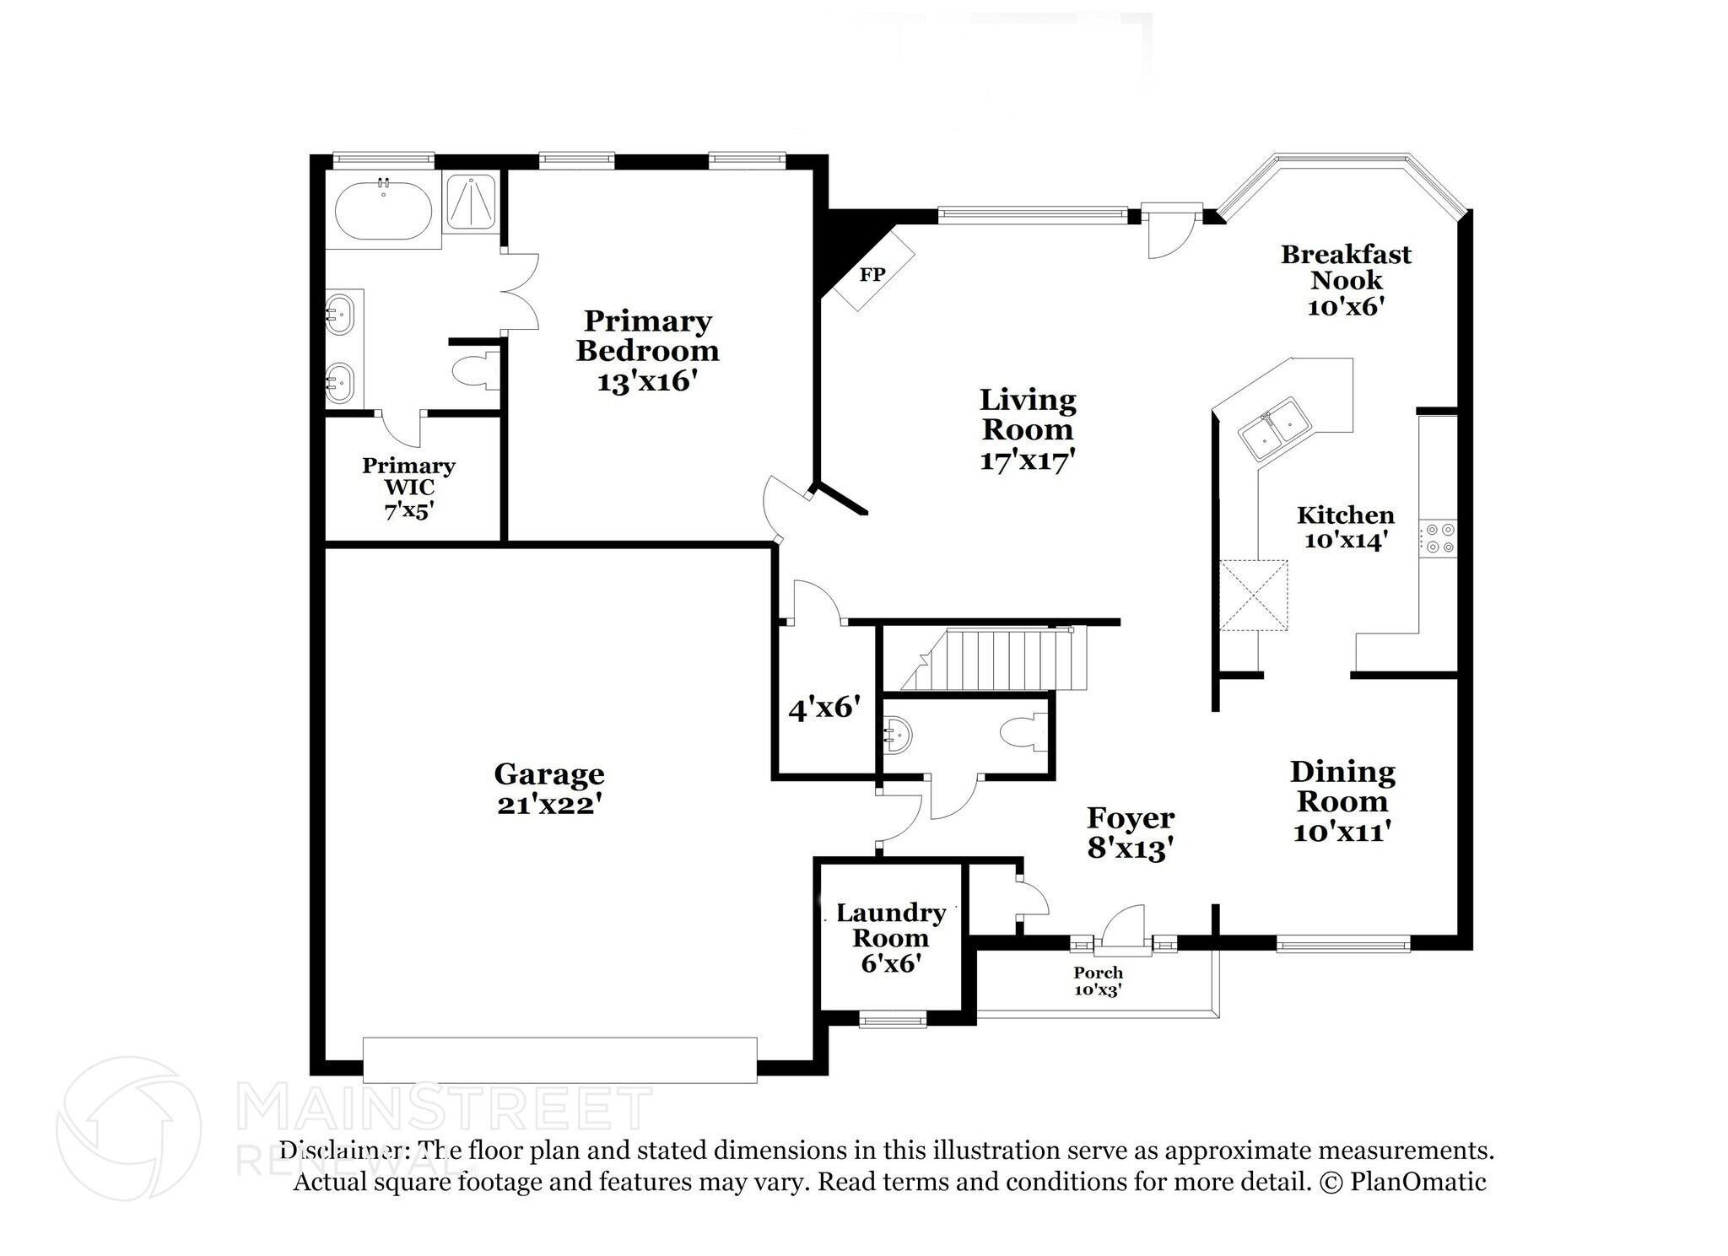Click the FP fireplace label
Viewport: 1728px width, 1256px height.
(872, 275)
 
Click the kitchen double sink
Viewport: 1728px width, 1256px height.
(1273, 427)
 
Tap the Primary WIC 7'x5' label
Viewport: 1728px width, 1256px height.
(408, 488)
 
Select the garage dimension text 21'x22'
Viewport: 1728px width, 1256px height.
(548, 805)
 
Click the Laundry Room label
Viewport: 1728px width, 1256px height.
(890, 925)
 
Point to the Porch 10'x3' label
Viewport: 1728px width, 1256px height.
(1098, 981)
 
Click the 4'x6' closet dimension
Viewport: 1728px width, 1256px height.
(823, 708)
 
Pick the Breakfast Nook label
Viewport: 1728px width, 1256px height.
(1345, 267)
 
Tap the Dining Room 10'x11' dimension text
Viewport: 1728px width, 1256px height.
(1342, 833)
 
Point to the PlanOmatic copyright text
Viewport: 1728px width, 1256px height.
(1417, 1181)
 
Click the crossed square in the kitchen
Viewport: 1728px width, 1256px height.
(1253, 595)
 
